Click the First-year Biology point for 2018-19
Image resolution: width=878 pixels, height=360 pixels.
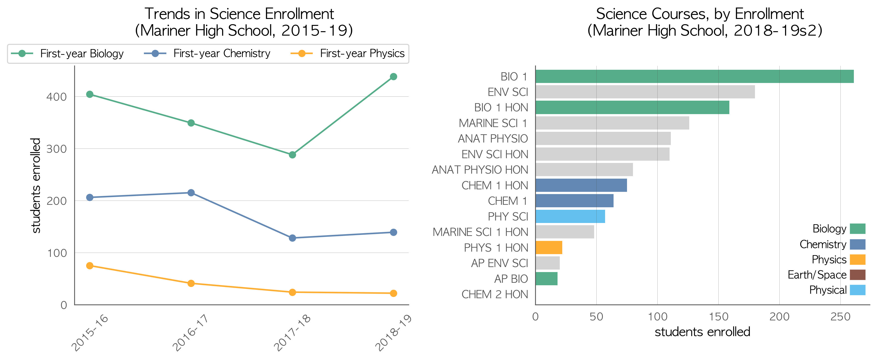393,77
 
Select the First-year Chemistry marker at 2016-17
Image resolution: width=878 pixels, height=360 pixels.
191,193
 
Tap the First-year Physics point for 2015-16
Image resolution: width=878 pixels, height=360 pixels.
90,266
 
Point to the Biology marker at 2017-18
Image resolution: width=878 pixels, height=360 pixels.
292,155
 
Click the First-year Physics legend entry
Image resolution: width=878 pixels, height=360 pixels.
348,54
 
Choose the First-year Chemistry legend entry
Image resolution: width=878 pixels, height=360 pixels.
207,54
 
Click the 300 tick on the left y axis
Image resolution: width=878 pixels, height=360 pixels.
57,149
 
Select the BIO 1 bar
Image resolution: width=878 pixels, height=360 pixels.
695,76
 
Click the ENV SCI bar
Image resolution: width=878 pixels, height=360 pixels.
645,92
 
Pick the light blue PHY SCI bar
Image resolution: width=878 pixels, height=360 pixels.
570,216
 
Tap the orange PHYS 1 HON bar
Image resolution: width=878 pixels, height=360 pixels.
549,247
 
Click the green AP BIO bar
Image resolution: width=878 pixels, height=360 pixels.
546,279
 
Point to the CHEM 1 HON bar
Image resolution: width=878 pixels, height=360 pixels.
581,185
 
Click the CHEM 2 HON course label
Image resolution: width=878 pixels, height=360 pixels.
495,294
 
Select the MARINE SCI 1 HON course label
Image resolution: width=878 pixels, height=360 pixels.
480,232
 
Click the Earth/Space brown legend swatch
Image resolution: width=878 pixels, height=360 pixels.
858,275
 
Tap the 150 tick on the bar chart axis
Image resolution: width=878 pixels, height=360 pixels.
718,317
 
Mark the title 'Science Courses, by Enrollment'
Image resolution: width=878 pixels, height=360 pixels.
700,14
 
